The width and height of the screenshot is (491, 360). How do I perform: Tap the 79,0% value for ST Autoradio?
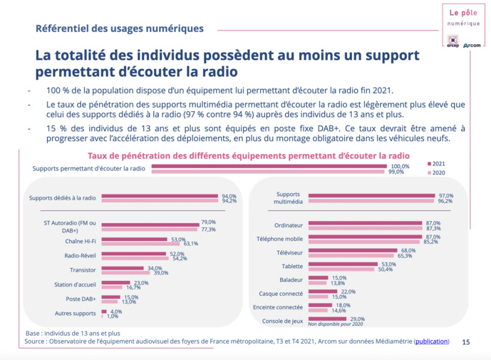(208, 222)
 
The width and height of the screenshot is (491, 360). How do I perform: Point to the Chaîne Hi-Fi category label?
(80, 240)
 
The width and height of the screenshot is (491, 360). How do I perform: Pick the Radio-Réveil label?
(79, 255)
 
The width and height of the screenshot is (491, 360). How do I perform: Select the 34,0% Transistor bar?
(123, 268)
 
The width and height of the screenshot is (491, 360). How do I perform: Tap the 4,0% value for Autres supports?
(116, 310)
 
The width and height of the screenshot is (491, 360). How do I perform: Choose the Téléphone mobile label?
(299, 238)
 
